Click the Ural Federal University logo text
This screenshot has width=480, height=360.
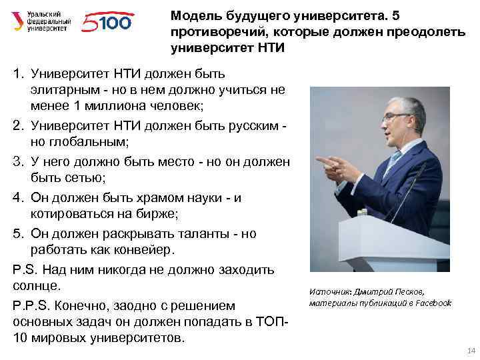pos(49,22)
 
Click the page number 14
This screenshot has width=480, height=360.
pos(471,351)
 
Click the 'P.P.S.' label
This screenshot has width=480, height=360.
pos(31,305)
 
